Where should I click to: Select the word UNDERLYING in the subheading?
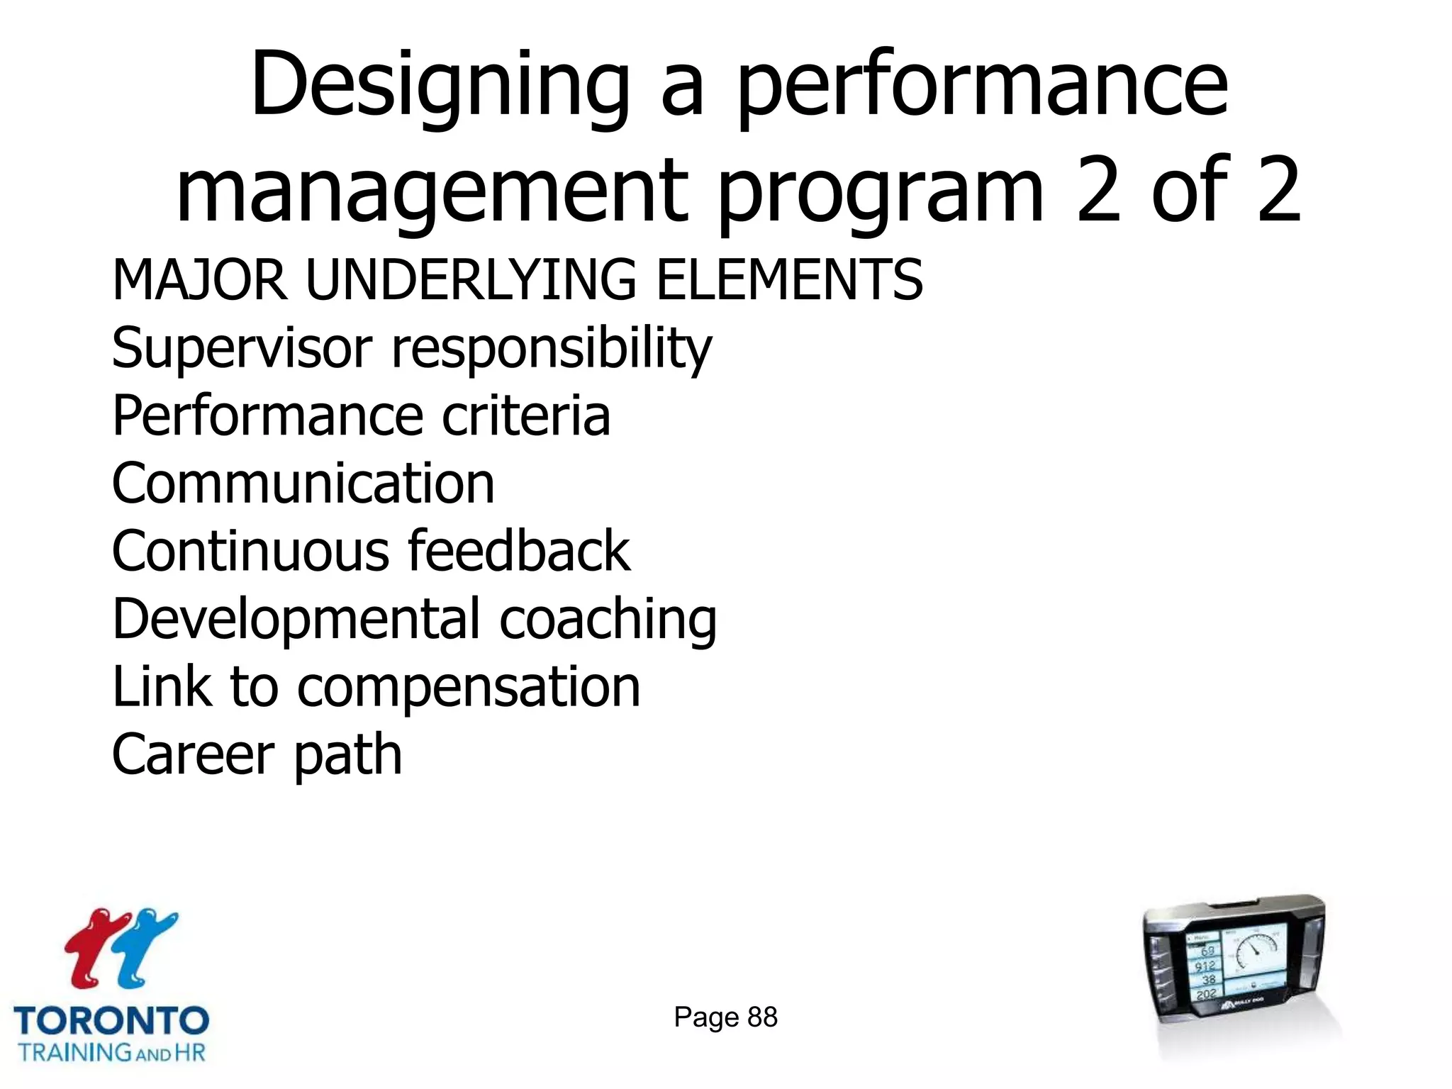click(471, 280)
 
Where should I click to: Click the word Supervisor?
click(242, 348)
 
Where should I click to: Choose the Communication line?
click(303, 484)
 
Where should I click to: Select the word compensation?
click(469, 686)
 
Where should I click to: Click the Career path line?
click(257, 754)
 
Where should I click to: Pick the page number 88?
click(763, 1017)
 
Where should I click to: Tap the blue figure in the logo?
click(145, 946)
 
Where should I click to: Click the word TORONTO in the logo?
click(111, 1022)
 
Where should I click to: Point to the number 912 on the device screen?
click(1205, 966)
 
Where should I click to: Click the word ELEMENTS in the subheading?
click(789, 280)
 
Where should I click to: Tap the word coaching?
click(608, 619)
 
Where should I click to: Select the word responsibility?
click(552, 348)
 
